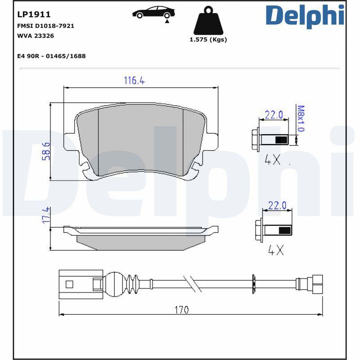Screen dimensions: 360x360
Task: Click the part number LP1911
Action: coord(34,14)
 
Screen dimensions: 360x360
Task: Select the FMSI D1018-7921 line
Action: coord(45,26)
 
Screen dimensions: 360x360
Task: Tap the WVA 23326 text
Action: coord(35,36)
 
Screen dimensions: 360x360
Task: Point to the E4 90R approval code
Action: coord(51,56)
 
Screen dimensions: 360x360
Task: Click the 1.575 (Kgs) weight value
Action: coord(208,40)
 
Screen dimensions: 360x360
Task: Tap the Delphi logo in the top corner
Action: coord(305,16)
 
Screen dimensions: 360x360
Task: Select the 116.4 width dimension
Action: coord(134,81)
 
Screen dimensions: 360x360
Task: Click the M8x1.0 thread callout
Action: coord(301,118)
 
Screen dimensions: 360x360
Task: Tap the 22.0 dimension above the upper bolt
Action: coord(274,115)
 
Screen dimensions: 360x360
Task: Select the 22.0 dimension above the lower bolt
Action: coord(277,206)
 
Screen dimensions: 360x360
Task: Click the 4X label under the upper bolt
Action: coord(272,160)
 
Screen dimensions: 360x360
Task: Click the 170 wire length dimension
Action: coord(182,310)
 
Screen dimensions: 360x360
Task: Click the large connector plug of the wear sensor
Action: coord(80,284)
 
